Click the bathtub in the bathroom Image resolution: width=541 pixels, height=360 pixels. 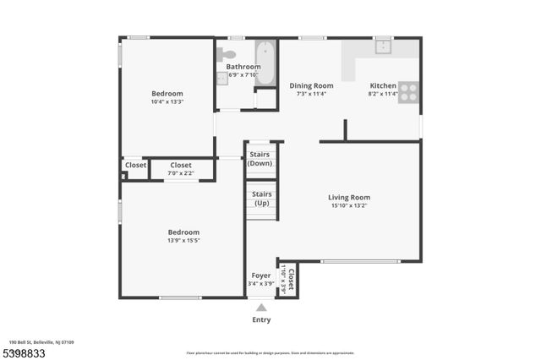(x=265, y=63)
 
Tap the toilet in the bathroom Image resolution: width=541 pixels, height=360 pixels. (x=227, y=54)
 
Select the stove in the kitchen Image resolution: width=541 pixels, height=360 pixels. (x=408, y=92)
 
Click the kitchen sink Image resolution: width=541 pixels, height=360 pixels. (x=382, y=46)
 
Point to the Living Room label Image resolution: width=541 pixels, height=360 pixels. (x=349, y=197)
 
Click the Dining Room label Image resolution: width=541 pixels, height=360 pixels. (x=311, y=85)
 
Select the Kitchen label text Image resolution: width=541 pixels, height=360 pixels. (x=383, y=85)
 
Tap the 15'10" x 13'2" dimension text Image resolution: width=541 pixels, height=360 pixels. (x=349, y=205)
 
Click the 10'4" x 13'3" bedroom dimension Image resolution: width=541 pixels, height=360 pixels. (x=167, y=102)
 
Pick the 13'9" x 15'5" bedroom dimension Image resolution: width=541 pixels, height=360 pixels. (x=183, y=240)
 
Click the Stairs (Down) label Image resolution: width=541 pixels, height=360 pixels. (x=260, y=159)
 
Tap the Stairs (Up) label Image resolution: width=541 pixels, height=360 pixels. (x=260, y=199)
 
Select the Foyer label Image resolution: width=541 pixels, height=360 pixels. (x=261, y=275)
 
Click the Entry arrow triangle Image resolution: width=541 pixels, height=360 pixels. (x=261, y=308)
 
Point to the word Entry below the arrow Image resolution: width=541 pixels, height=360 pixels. (x=261, y=320)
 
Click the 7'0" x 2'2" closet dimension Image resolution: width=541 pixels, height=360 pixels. (x=181, y=173)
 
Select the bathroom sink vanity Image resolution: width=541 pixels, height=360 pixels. (x=221, y=77)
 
